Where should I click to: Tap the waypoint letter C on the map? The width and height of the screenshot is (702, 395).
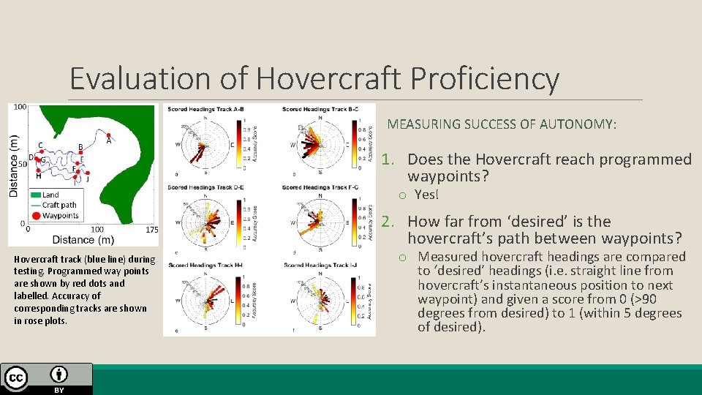(40, 145)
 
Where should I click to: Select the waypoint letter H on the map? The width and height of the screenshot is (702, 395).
(38, 176)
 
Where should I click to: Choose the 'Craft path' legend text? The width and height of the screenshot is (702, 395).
(59, 205)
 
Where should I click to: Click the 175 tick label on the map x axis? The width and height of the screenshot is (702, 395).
(151, 230)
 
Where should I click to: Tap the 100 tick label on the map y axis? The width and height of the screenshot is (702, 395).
(20, 107)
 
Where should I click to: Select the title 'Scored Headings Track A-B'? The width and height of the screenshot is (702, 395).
(205, 110)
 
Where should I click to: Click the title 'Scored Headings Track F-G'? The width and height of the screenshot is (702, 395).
(320, 187)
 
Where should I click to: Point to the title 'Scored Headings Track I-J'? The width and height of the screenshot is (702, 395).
(320, 265)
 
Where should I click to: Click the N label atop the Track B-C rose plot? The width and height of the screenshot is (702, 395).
(320, 117)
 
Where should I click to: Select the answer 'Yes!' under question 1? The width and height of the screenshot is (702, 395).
(426, 194)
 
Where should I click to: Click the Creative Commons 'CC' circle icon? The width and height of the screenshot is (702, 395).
(16, 377)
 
